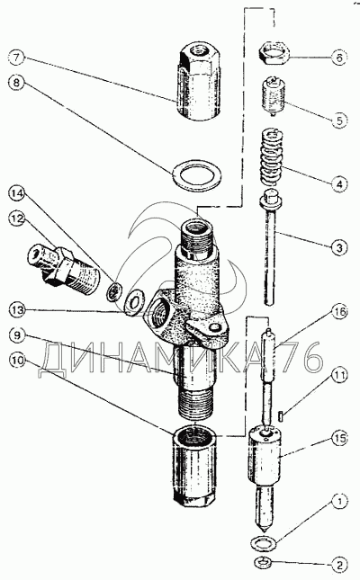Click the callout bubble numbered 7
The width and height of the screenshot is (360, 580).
pos(17,58)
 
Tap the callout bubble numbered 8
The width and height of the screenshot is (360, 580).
pos(17,83)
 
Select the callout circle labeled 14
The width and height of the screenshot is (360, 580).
pos(17,193)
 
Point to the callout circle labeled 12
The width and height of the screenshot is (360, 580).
pos(17,219)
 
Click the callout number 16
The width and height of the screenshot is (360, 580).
pos(339,312)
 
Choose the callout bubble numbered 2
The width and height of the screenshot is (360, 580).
pos(338,565)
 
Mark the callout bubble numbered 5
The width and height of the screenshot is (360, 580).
pos(339,120)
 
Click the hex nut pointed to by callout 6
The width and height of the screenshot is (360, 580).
pos(274,53)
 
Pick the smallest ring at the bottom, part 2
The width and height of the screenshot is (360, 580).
pos(263,563)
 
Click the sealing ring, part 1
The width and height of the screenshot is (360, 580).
pos(263,543)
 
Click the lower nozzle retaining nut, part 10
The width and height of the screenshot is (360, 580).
pos(194,467)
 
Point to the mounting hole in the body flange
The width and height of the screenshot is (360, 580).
pos(213,327)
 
